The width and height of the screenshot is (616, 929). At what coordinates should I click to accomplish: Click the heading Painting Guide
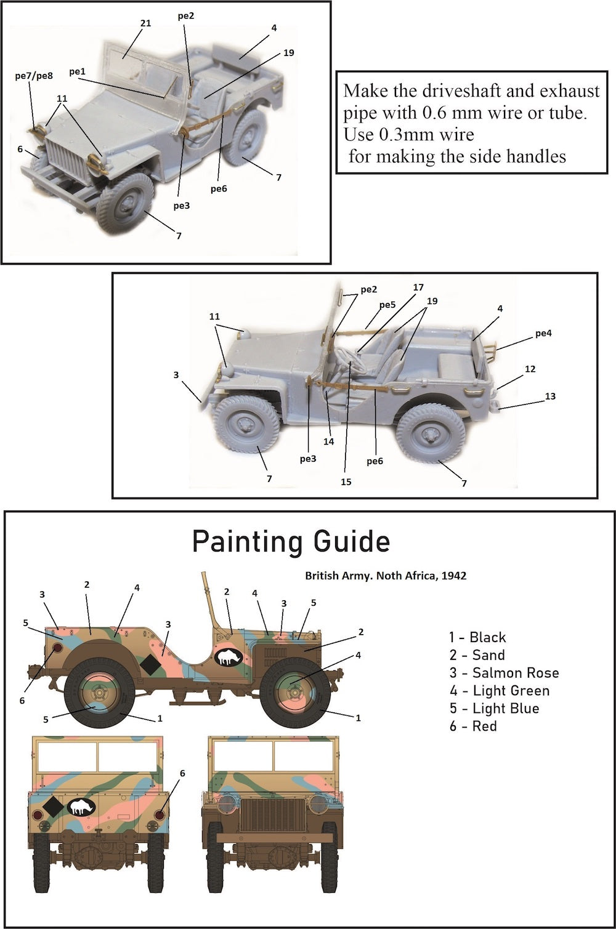[291, 542]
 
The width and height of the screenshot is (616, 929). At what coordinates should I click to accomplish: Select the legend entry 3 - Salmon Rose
[504, 673]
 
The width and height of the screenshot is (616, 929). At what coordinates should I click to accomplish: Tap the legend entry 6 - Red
[472, 726]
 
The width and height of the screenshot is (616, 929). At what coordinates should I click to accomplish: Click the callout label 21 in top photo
[145, 23]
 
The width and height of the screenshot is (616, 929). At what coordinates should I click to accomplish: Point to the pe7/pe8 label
[34, 76]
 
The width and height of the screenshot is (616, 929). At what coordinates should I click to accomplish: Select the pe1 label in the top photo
[78, 72]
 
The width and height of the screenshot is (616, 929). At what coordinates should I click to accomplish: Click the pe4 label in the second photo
[543, 334]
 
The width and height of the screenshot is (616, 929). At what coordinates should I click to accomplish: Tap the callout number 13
[550, 396]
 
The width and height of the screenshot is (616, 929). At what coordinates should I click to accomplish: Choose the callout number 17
[418, 288]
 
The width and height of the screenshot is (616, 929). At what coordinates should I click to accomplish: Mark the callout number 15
[346, 481]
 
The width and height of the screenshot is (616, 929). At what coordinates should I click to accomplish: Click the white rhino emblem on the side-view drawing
[229, 657]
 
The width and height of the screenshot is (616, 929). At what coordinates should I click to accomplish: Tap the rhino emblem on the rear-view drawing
[81, 807]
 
